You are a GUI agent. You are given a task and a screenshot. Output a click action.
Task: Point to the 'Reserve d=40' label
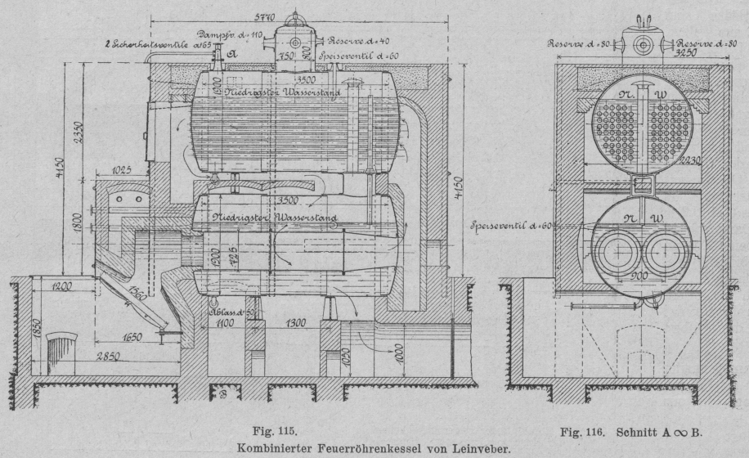pos(359,38)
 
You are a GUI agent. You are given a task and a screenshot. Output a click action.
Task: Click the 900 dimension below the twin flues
pos(639,276)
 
